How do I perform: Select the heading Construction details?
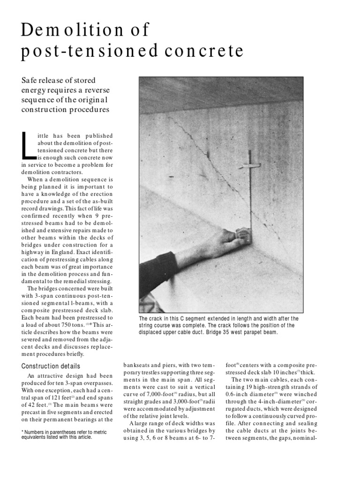[51, 366]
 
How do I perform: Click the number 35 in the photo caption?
[225, 332]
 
